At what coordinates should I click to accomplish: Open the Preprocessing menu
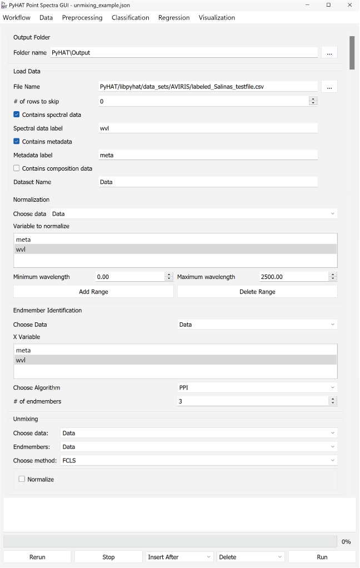coord(82,18)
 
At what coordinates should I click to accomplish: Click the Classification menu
coord(130,18)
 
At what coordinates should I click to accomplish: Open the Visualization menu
coord(217,18)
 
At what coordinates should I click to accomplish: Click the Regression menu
coord(174,18)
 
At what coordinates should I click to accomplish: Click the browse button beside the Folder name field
coord(329,53)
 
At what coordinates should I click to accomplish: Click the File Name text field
coord(208,87)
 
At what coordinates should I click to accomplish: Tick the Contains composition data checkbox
coord(17,168)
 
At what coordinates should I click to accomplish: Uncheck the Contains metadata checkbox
coord(17,142)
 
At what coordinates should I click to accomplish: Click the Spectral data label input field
coord(208,128)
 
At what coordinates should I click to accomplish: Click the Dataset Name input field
coord(208,182)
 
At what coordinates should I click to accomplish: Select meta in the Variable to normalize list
coord(24,240)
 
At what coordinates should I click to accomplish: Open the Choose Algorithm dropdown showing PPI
coord(257,387)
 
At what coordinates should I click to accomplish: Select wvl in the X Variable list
coord(21,360)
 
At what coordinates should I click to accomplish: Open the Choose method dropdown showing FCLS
coord(198,460)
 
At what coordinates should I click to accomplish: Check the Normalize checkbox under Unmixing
coord(22,479)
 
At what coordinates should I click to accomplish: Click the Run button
coord(322,557)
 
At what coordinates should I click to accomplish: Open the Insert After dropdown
coord(179,557)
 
